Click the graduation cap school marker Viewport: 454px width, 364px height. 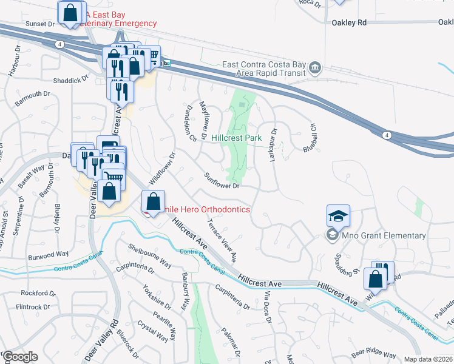338,215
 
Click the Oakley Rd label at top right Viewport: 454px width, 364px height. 350,22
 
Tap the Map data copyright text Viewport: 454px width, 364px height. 428,359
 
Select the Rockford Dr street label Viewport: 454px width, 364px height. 38,292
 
